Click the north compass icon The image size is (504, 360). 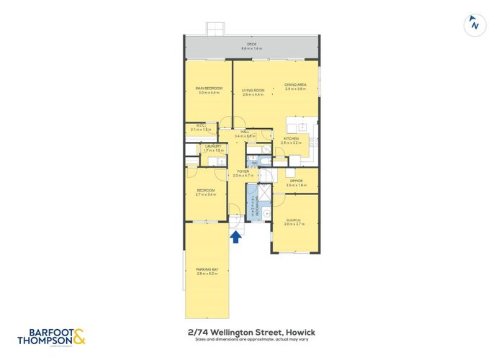(x=473, y=24)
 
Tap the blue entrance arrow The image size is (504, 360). (x=235, y=237)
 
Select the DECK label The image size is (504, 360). (x=251, y=45)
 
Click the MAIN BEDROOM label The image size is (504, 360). (x=208, y=89)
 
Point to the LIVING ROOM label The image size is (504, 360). (x=253, y=90)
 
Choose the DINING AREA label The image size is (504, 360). (x=295, y=84)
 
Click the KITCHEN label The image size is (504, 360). (x=290, y=139)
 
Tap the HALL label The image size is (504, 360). (x=245, y=132)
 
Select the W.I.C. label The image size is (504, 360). (x=202, y=125)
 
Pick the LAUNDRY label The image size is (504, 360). (x=213, y=146)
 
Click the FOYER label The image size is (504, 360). (x=240, y=171)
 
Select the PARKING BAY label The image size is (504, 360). (x=207, y=270)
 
